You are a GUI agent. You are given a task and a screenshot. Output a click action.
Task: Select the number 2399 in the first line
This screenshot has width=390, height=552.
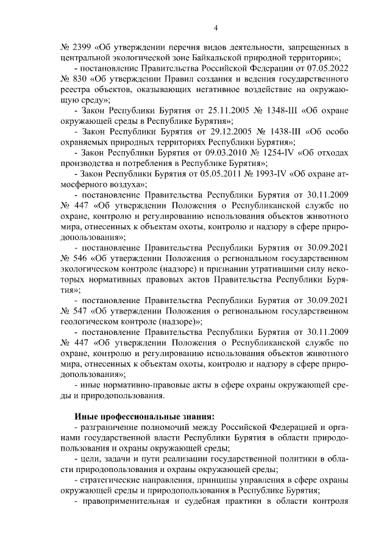coord(84,47)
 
